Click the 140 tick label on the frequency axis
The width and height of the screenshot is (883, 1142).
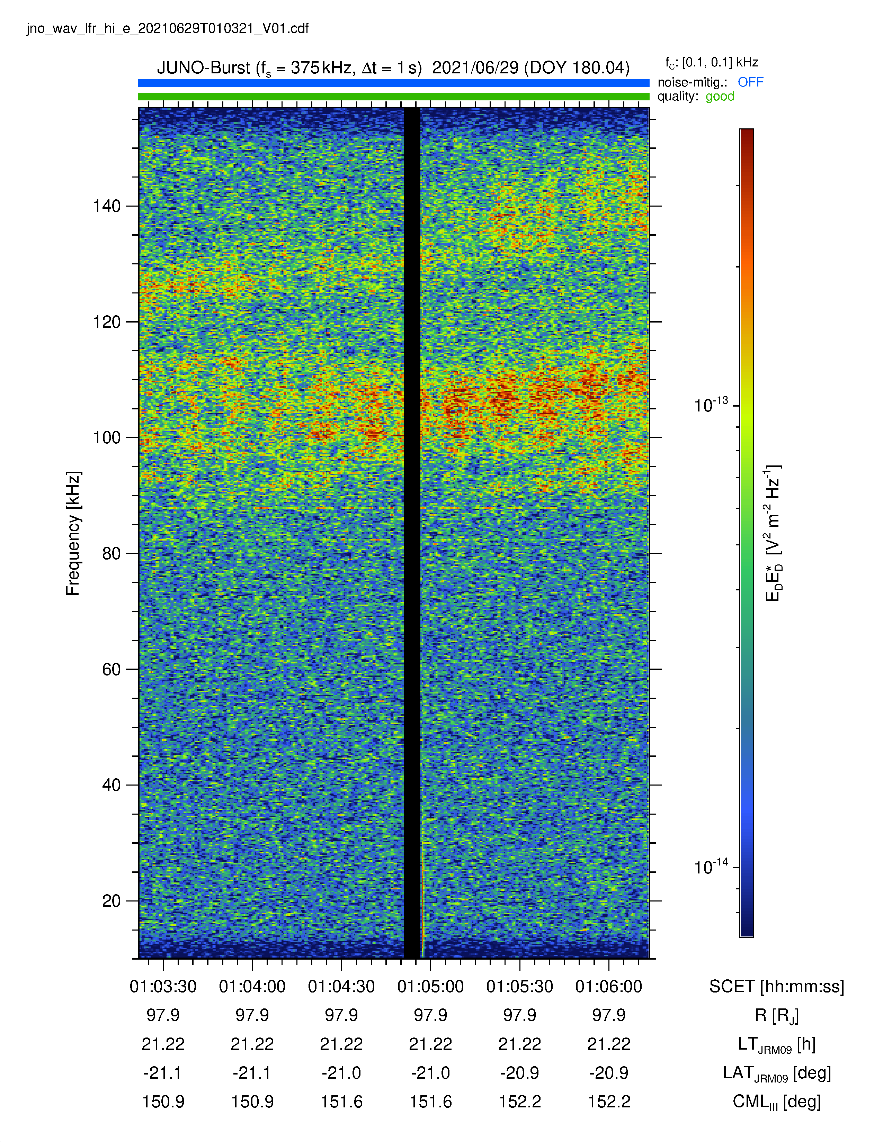pyautogui.click(x=107, y=206)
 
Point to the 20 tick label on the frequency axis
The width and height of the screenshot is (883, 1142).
pyautogui.click(x=112, y=900)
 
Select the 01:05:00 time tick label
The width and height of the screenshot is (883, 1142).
pyautogui.click(x=430, y=986)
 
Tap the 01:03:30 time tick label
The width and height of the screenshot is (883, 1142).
pyautogui.click(x=163, y=986)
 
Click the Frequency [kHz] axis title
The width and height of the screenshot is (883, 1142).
pyautogui.click(x=73, y=533)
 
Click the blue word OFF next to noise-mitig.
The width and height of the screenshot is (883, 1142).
pyautogui.click(x=751, y=82)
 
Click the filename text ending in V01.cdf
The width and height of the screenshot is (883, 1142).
pyautogui.click(x=168, y=28)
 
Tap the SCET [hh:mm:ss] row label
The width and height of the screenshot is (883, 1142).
pyautogui.click(x=777, y=987)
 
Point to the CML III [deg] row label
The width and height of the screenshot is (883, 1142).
pyautogui.click(x=777, y=1102)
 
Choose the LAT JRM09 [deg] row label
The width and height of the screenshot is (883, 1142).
pyautogui.click(x=777, y=1073)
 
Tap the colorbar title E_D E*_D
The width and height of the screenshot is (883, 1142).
pyautogui.click(x=773, y=533)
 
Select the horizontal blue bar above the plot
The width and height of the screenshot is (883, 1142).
pyautogui.click(x=393, y=83)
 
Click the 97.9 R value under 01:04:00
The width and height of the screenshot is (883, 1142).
pyautogui.click(x=252, y=1015)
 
